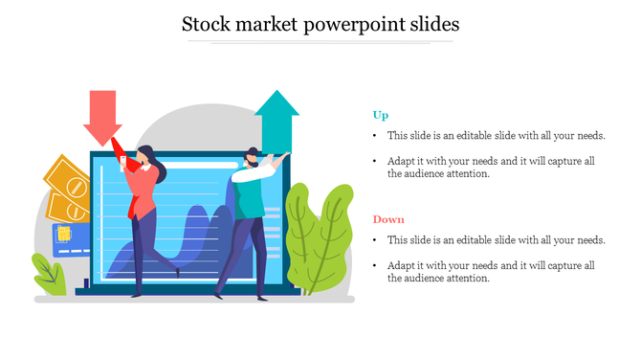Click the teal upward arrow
pos(276,119)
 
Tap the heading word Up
pos(380,116)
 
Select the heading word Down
pos(388,219)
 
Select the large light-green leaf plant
pos(318,239)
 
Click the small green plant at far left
pos(50,275)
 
